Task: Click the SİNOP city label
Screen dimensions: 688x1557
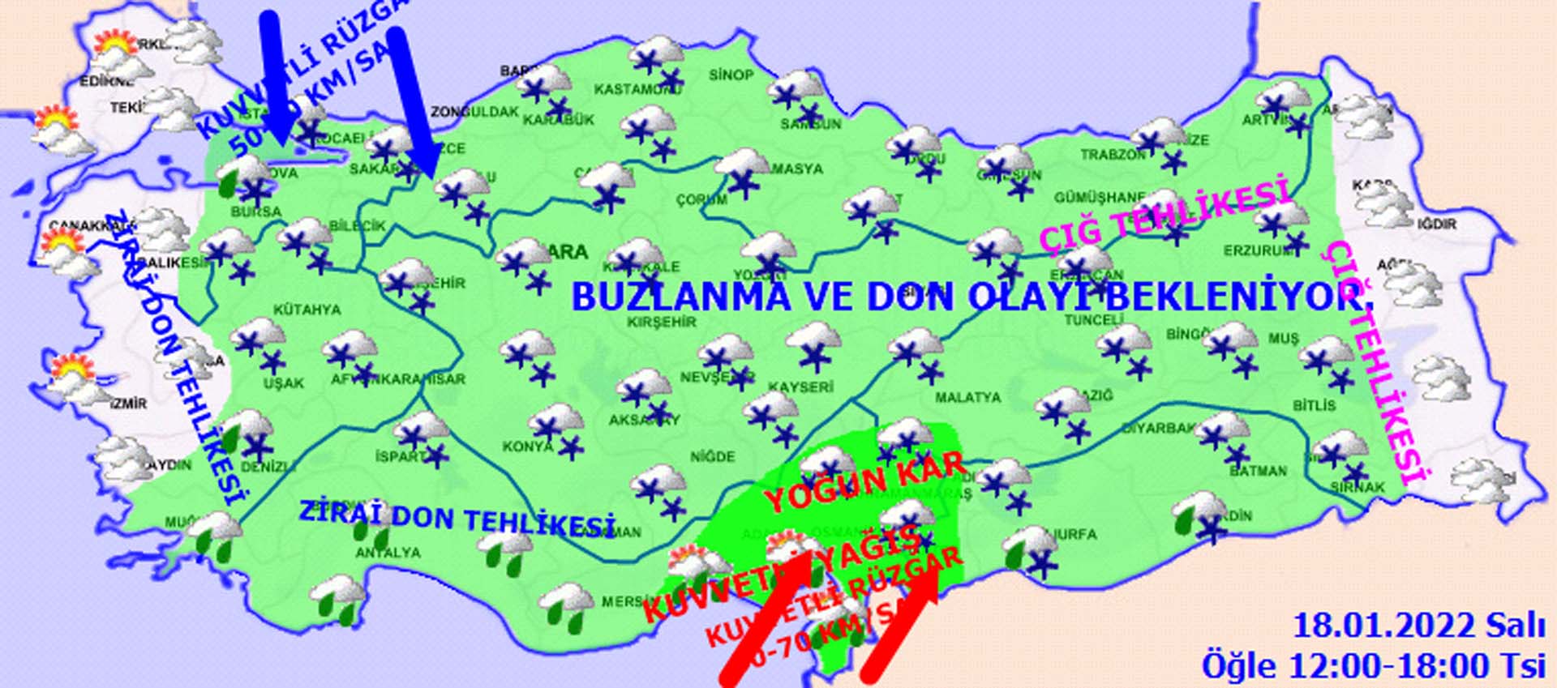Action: point(731,75)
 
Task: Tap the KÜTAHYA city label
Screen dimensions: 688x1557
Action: point(307,310)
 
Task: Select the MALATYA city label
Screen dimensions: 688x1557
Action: point(967,398)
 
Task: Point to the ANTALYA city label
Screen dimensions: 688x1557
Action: point(388,553)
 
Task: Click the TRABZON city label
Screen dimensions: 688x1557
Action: point(1113,154)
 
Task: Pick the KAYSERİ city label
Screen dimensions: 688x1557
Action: point(800,387)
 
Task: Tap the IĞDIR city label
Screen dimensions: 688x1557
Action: point(1437,224)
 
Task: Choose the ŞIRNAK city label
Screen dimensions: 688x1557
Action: point(1358,487)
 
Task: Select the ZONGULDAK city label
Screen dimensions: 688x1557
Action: point(474,112)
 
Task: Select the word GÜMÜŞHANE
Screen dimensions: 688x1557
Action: point(1099,198)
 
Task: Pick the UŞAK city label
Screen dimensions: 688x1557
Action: point(283,383)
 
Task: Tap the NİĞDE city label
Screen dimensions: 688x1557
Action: point(712,457)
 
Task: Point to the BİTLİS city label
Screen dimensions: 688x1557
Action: point(1314,405)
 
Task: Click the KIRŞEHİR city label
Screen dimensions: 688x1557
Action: point(662,323)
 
